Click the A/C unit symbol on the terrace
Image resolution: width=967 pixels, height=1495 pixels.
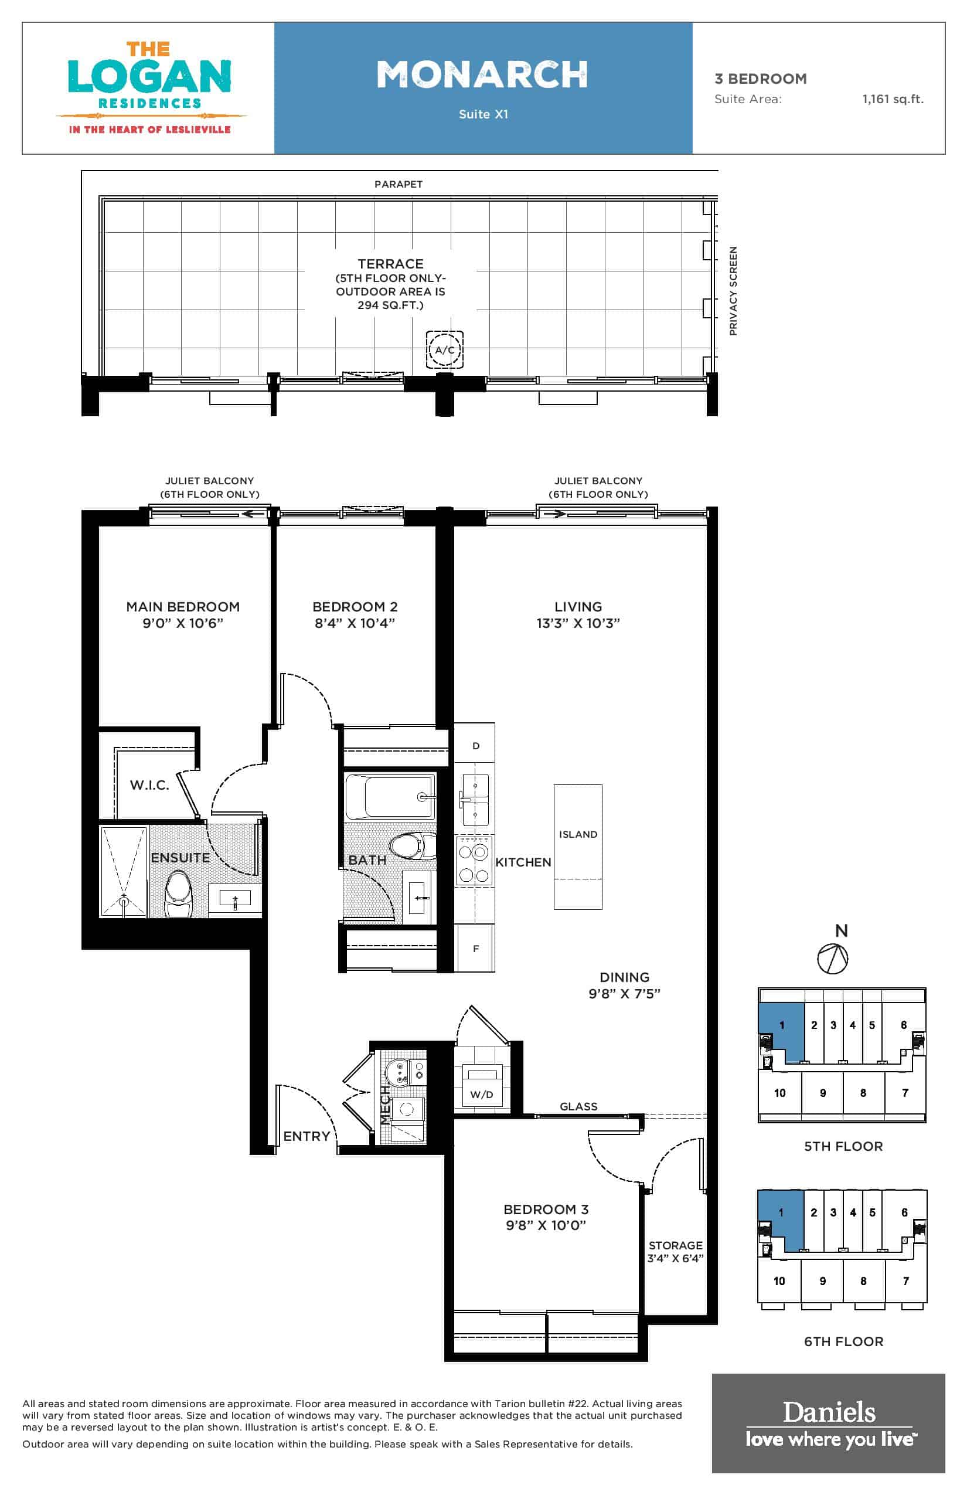click(445, 349)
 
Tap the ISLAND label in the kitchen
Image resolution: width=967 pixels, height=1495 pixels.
click(578, 834)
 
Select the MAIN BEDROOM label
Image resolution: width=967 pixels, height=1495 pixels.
click(183, 607)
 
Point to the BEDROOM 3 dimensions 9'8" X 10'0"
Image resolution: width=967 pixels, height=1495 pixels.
click(546, 1225)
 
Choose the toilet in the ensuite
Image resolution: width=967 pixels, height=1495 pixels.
click(178, 895)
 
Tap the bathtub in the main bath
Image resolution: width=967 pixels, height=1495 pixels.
click(390, 797)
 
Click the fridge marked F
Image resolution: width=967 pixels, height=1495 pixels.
click(475, 949)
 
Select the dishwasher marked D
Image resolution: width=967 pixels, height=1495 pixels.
click(475, 746)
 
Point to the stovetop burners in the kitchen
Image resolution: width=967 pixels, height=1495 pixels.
click(474, 861)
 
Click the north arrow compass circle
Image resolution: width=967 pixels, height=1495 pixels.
click(833, 959)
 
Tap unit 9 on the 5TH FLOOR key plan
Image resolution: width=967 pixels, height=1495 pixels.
click(823, 1093)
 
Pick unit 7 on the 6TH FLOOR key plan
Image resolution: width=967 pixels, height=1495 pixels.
click(905, 1281)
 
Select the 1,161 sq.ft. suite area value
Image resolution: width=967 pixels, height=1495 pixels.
click(892, 98)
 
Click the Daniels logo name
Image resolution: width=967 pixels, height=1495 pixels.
click(829, 1412)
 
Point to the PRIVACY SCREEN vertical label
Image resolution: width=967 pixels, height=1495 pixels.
click(733, 291)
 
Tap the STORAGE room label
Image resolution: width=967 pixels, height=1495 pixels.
click(676, 1245)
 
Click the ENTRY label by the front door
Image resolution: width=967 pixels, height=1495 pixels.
click(307, 1136)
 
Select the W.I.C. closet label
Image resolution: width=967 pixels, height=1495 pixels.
click(149, 785)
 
